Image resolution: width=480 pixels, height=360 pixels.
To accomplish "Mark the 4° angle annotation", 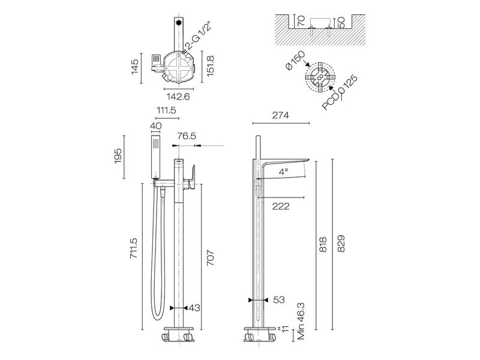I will (x=284, y=172).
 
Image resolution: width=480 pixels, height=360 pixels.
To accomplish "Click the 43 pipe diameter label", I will (x=194, y=308).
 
